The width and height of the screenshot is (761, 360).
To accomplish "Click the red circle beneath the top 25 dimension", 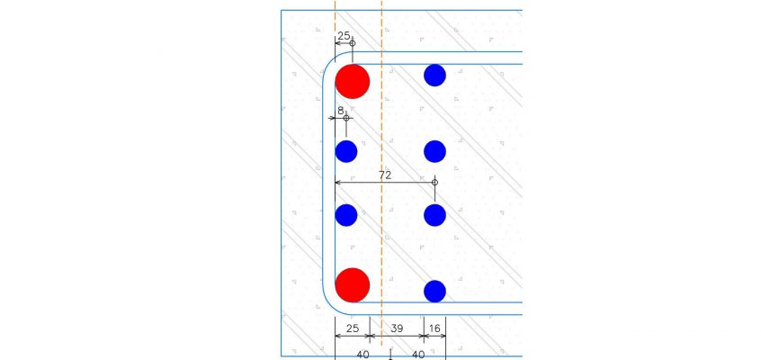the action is (x=353, y=82).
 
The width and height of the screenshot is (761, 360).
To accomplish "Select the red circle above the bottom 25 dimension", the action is (x=353, y=285).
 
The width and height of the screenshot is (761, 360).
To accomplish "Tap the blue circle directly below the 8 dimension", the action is (x=346, y=151).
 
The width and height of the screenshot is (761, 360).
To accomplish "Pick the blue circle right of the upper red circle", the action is (x=434, y=76).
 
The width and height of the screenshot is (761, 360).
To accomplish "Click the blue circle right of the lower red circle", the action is (x=434, y=292).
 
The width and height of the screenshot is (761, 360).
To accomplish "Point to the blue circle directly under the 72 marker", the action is (x=434, y=215).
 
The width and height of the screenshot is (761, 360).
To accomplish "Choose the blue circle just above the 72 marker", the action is (x=434, y=151).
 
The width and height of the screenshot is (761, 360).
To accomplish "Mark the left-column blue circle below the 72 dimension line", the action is (x=346, y=215).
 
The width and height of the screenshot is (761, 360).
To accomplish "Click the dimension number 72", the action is (x=385, y=175).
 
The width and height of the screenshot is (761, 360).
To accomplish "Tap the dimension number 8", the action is (x=341, y=111).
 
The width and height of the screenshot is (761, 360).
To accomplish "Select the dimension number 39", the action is (x=397, y=328).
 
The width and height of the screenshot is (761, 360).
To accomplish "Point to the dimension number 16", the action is (x=434, y=328).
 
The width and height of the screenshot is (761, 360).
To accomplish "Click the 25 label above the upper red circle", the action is (x=345, y=35).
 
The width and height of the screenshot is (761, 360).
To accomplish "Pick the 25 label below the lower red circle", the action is (x=353, y=328).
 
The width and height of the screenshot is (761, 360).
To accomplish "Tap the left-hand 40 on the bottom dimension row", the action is (x=363, y=355).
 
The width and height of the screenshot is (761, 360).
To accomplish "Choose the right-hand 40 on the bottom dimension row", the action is (x=419, y=355).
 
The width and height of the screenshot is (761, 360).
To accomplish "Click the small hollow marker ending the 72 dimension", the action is (x=434, y=182).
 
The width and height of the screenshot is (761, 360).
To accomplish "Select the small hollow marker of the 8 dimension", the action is (x=346, y=118).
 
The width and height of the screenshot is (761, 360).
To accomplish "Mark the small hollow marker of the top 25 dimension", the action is (x=353, y=43).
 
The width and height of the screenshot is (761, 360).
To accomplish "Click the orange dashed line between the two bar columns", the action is (x=381, y=180).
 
